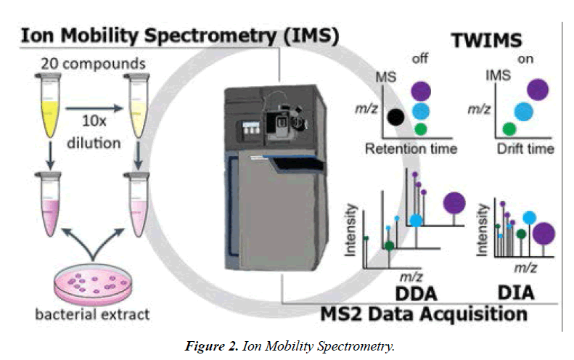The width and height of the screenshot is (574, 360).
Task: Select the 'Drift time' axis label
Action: tap(522, 149)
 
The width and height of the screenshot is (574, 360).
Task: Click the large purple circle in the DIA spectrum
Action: tap(545, 233)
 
